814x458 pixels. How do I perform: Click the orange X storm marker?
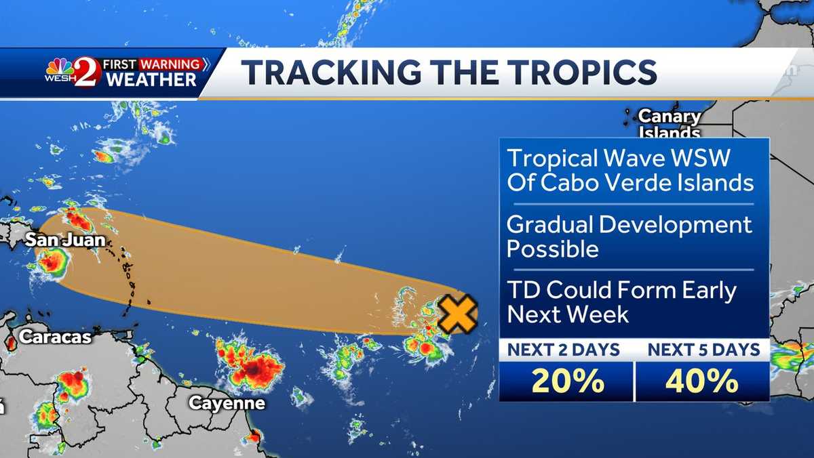click(458, 314)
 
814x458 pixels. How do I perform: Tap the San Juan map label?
click(66, 240)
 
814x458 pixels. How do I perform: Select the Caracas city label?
click(55, 336)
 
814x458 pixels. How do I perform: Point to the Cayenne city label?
click(227, 403)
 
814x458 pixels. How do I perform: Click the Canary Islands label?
click(670, 124)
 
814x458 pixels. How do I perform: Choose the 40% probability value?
click(702, 382)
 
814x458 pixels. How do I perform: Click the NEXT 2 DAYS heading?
click(564, 350)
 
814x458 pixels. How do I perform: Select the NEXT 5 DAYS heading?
click(703, 350)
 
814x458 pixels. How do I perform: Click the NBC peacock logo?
click(60, 67)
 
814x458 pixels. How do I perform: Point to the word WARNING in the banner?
click(170, 65)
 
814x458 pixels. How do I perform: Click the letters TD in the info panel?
click(523, 291)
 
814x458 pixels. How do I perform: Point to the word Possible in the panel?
click(553, 249)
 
